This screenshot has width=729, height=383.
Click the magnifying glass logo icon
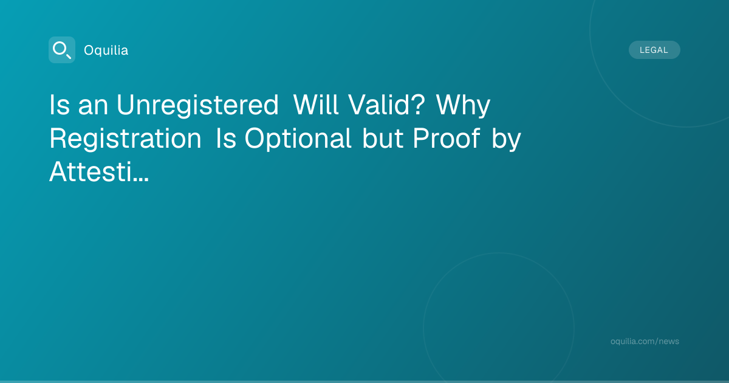click(x=62, y=50)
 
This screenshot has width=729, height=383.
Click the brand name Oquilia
click(x=106, y=50)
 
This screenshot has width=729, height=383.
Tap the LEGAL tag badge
click(x=654, y=50)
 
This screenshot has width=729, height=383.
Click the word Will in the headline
click(x=316, y=105)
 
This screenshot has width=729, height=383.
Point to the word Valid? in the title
click(x=386, y=105)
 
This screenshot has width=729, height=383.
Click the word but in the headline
click(x=383, y=138)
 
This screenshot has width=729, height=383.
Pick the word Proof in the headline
click(x=446, y=138)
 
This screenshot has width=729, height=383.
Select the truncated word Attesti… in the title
click(x=99, y=171)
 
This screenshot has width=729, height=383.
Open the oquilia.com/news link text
click(x=645, y=341)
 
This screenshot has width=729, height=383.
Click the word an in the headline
click(x=93, y=108)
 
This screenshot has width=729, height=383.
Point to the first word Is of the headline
click(x=60, y=105)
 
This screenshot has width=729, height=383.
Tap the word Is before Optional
click(x=226, y=138)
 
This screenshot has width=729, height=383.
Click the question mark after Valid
click(x=418, y=105)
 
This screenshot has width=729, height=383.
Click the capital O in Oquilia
click(x=89, y=50)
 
